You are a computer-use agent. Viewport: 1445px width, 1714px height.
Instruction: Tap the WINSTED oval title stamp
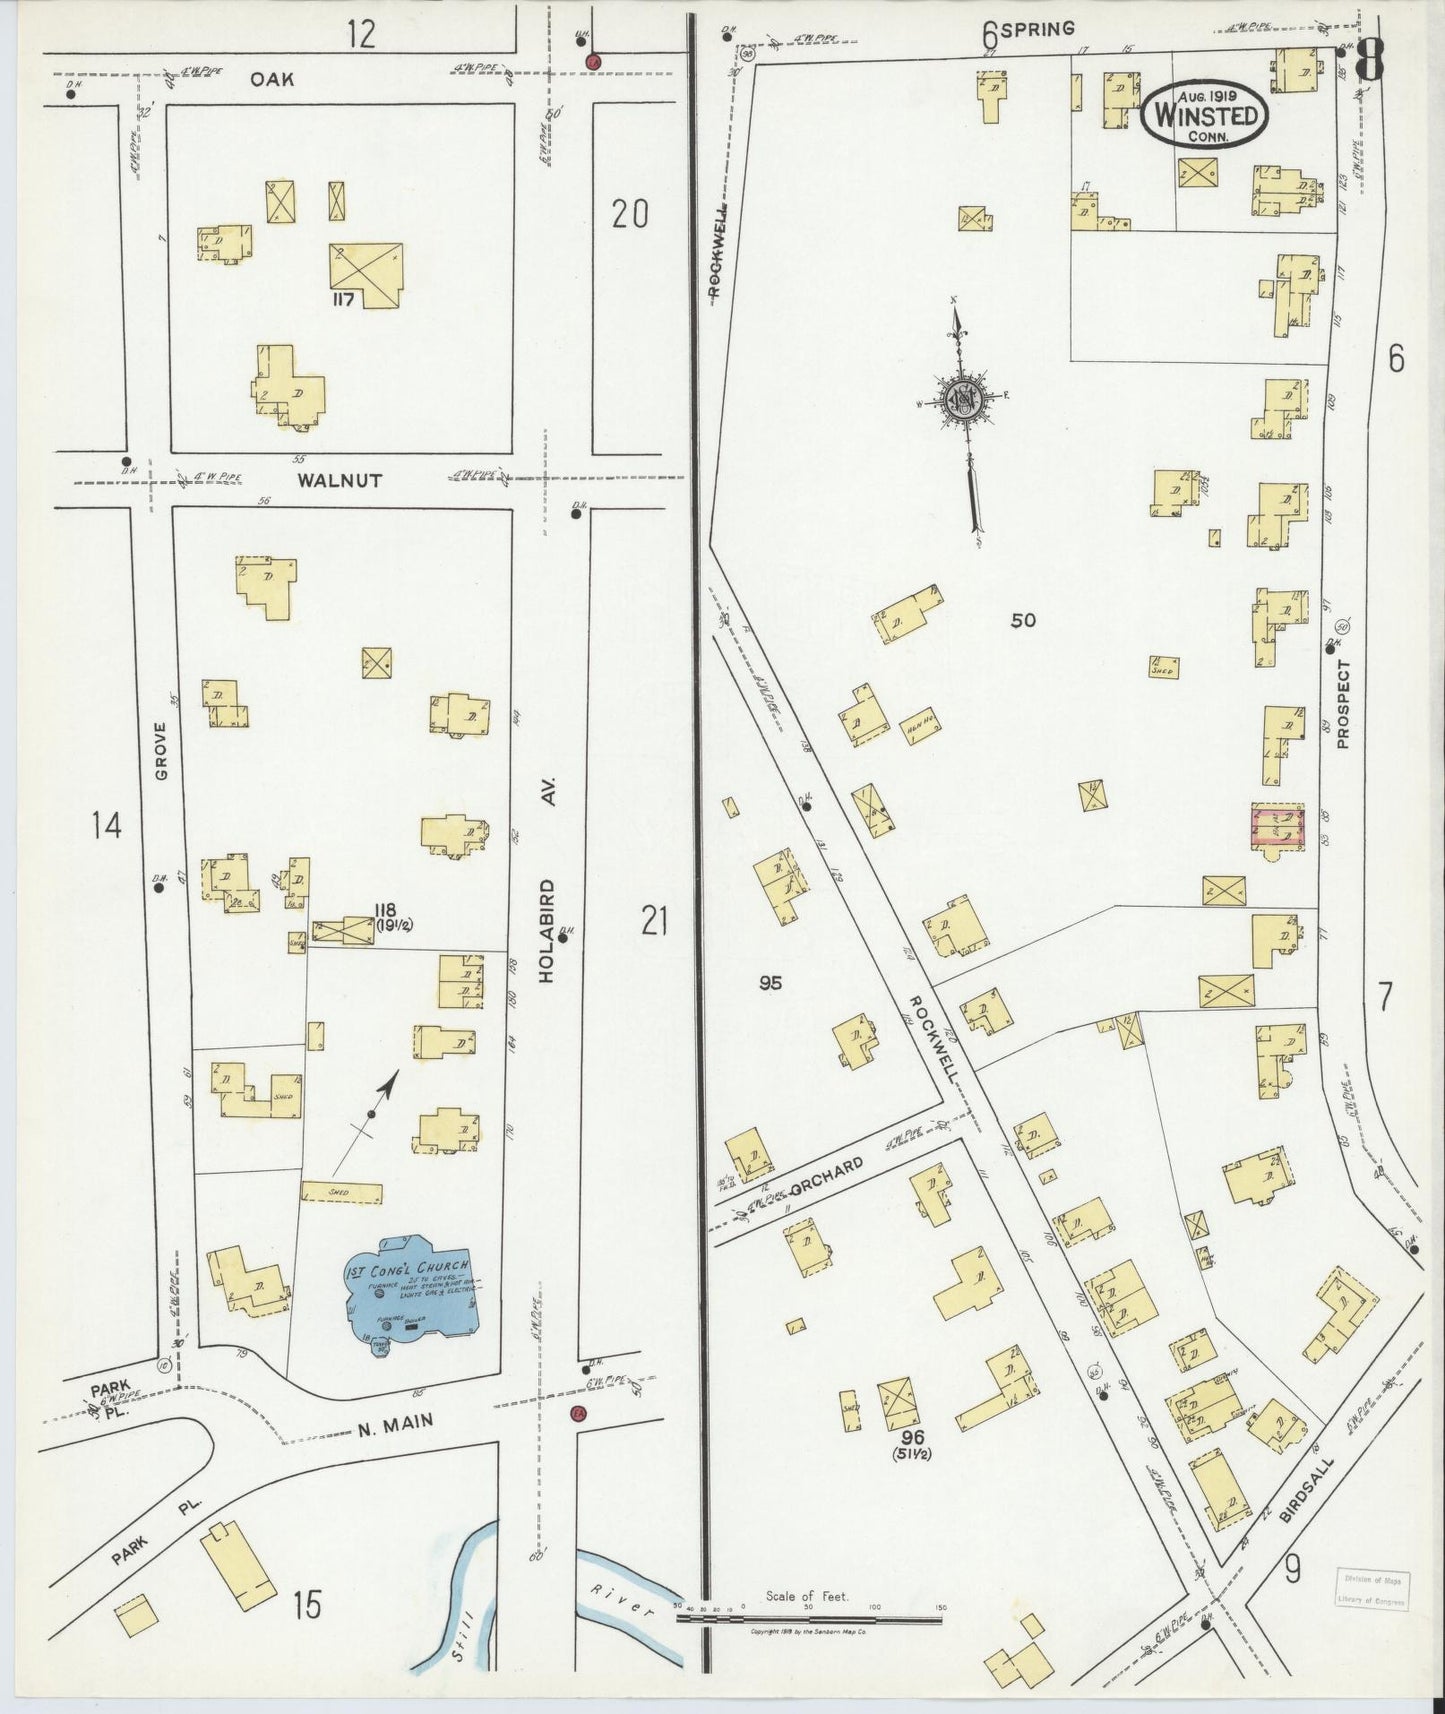[1205, 113]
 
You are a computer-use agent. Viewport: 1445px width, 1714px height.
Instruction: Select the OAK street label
[272, 78]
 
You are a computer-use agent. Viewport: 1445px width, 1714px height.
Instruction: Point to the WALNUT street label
[339, 480]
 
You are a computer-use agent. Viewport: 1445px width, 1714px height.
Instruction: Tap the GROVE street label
[161, 751]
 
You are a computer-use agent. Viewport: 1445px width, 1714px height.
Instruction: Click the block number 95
[769, 983]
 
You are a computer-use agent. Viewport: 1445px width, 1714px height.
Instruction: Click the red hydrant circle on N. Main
[577, 1413]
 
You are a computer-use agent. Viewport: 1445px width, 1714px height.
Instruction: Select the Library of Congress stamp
[1373, 1588]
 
